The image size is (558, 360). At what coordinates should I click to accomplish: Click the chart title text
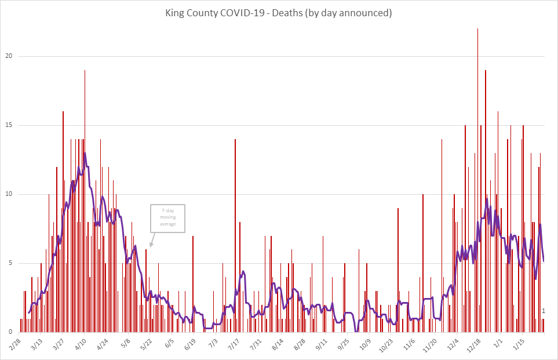point(279,13)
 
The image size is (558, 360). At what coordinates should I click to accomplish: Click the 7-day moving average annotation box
point(167,218)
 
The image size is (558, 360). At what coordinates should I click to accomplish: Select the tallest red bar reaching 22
point(477,174)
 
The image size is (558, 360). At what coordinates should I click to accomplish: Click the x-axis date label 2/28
point(16,344)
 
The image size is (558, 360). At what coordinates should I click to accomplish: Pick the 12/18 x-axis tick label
point(475,344)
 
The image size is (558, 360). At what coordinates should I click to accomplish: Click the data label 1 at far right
point(544,311)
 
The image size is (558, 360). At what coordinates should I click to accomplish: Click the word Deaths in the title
point(304,13)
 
